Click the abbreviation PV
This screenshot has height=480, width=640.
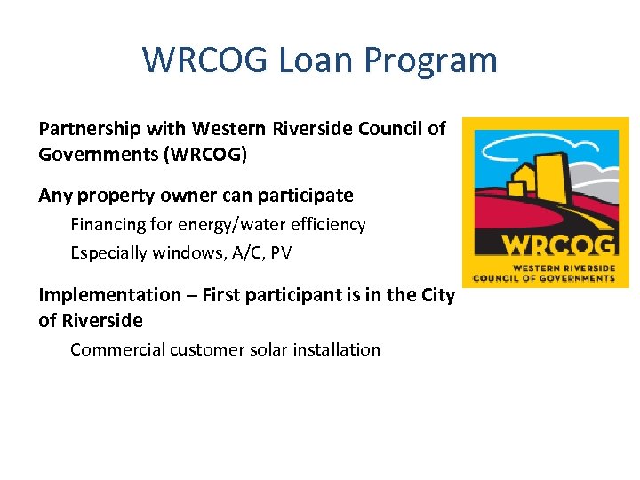281,253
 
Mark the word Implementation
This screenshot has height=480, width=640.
109,295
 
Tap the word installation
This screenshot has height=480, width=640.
340,349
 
